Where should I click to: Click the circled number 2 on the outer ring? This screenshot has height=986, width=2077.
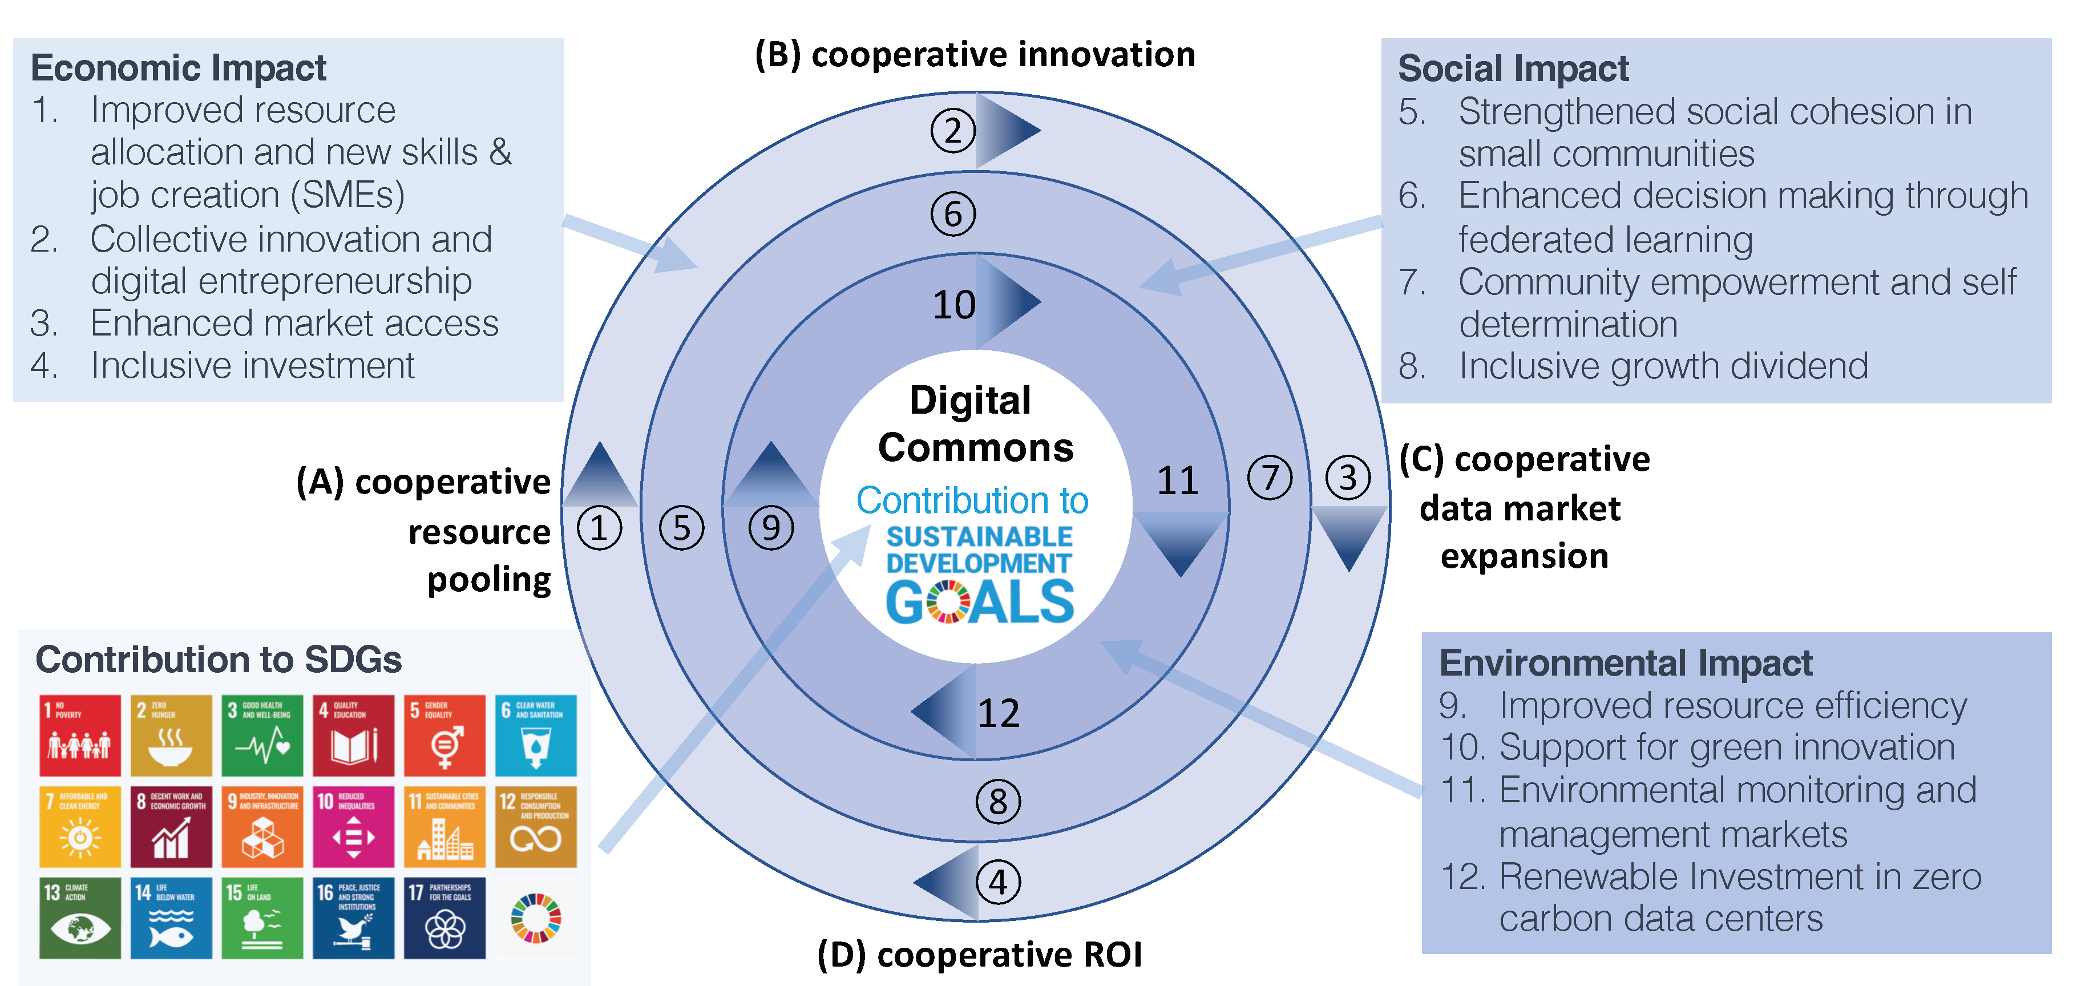(953, 131)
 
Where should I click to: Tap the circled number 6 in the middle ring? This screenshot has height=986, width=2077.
(953, 215)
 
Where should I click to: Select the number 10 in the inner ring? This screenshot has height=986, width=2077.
(954, 305)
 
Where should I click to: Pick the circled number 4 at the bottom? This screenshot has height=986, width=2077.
(998, 882)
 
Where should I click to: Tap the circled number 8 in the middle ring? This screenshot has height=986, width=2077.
(998, 801)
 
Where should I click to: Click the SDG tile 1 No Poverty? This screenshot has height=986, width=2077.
(80, 736)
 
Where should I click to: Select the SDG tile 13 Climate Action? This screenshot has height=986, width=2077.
(80, 918)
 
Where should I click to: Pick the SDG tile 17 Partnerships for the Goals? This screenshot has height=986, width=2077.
(445, 918)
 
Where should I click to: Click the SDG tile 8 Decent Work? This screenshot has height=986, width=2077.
(171, 826)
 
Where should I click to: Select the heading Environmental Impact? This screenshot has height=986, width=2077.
(1626, 662)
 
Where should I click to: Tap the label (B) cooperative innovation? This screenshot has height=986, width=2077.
(975, 55)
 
